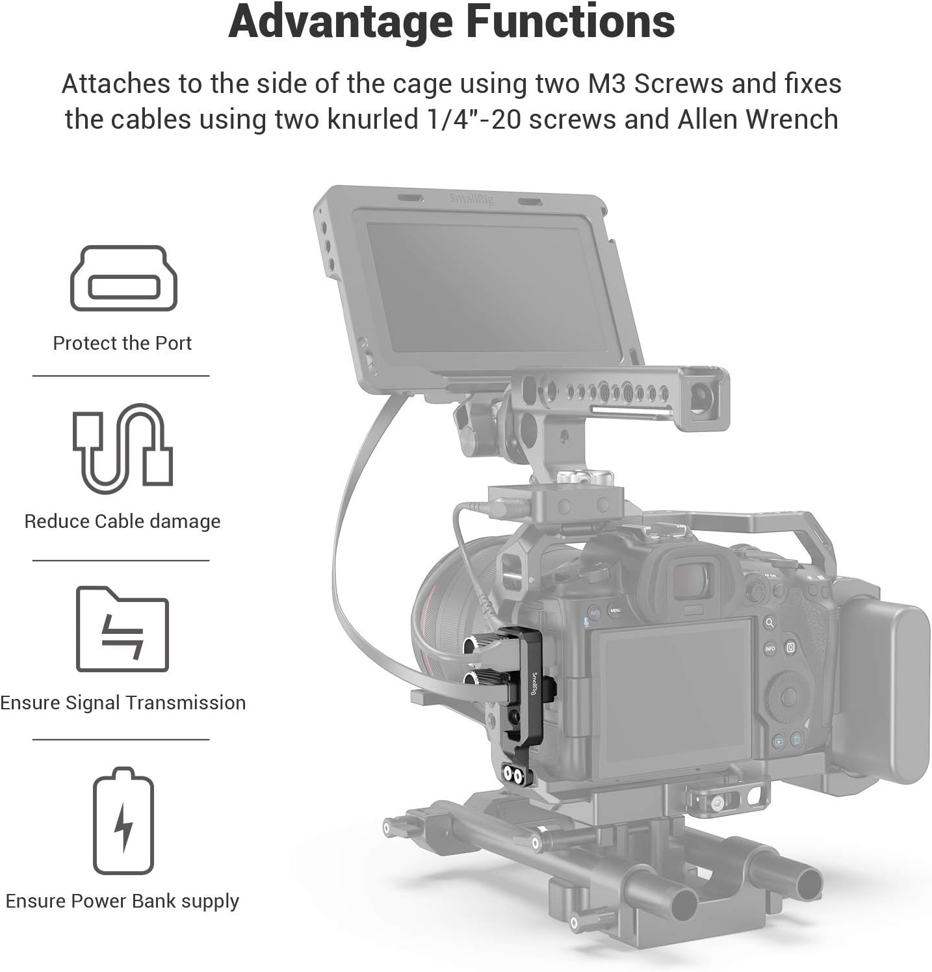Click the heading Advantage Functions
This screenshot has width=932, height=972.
point(452,22)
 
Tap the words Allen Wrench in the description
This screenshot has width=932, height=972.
point(758,120)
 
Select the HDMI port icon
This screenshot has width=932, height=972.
point(123,278)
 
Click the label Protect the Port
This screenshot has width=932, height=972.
point(122,343)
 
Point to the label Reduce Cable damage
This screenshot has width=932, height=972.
point(122,521)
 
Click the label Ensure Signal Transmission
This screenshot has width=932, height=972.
point(123,703)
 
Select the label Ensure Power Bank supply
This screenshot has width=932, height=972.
point(122,901)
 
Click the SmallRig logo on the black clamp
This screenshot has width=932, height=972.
point(534,683)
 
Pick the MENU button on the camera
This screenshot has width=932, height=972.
point(615,611)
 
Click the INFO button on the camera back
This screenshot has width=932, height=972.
point(770,649)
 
